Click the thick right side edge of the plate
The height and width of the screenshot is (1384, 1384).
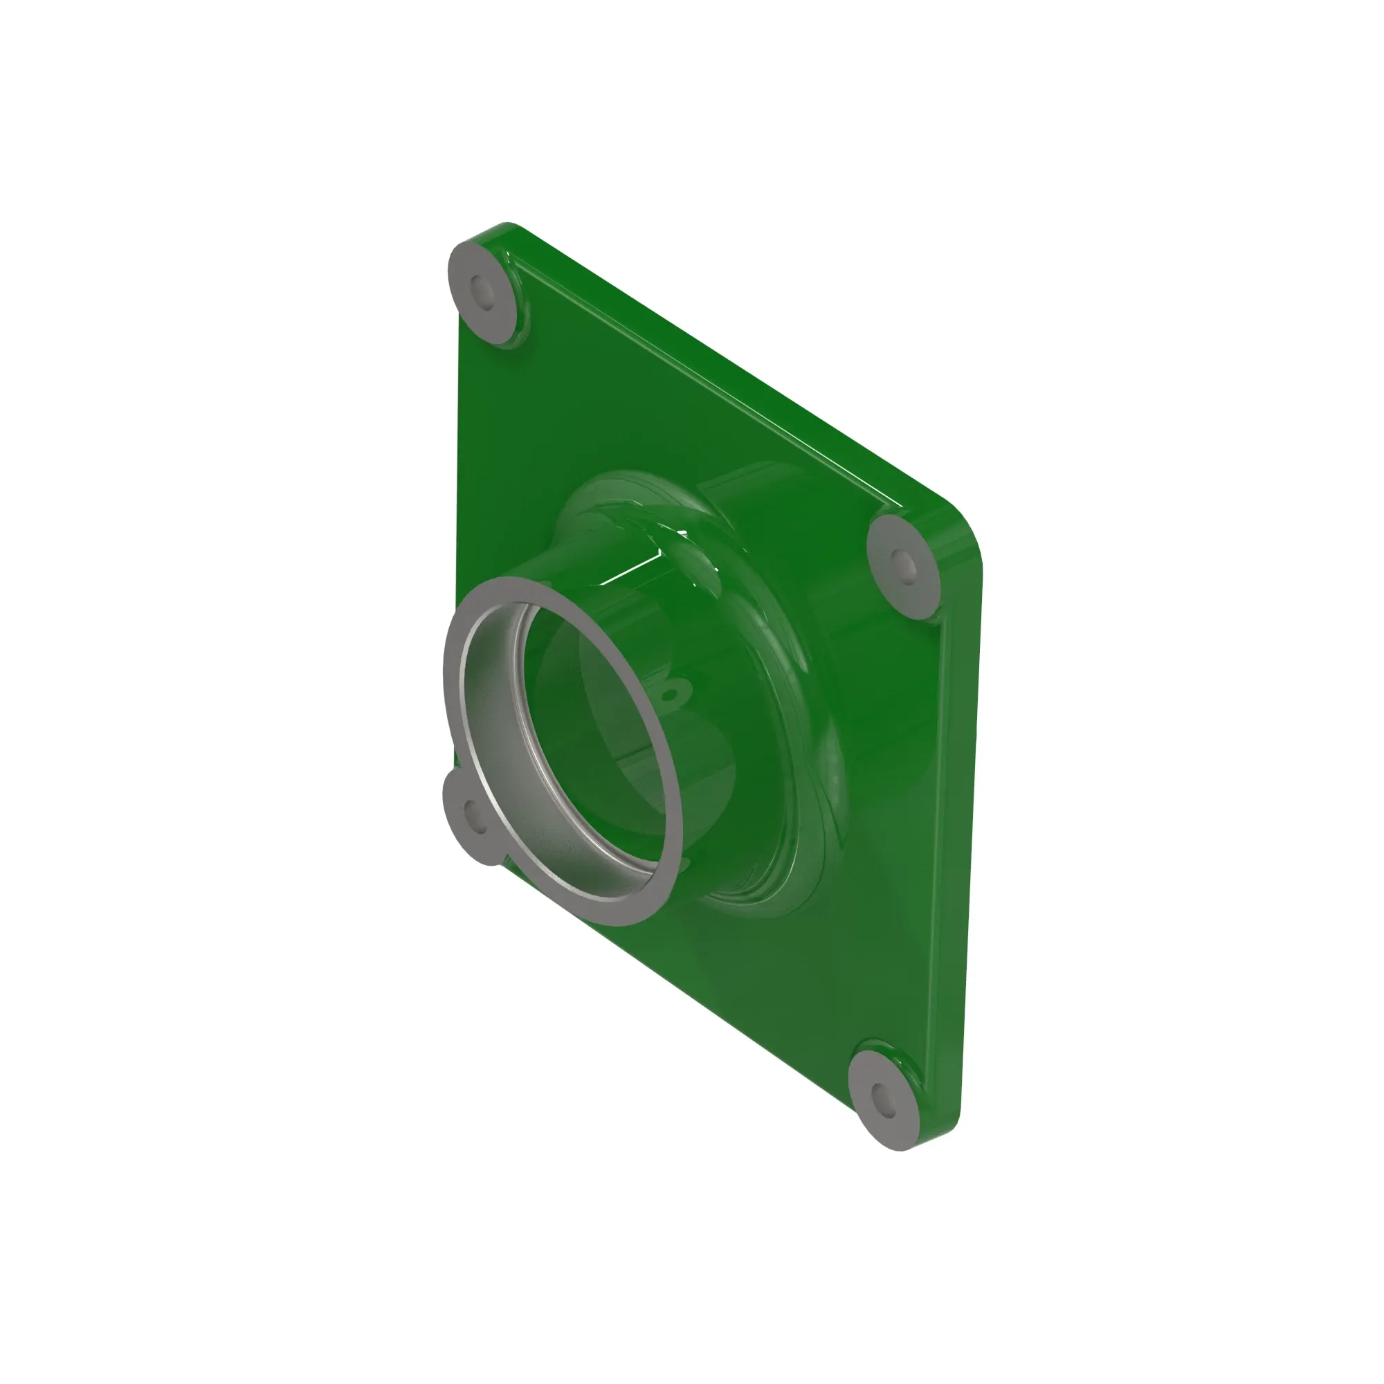pos(960,859)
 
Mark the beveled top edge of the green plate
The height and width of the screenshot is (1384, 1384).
pos(716,372)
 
